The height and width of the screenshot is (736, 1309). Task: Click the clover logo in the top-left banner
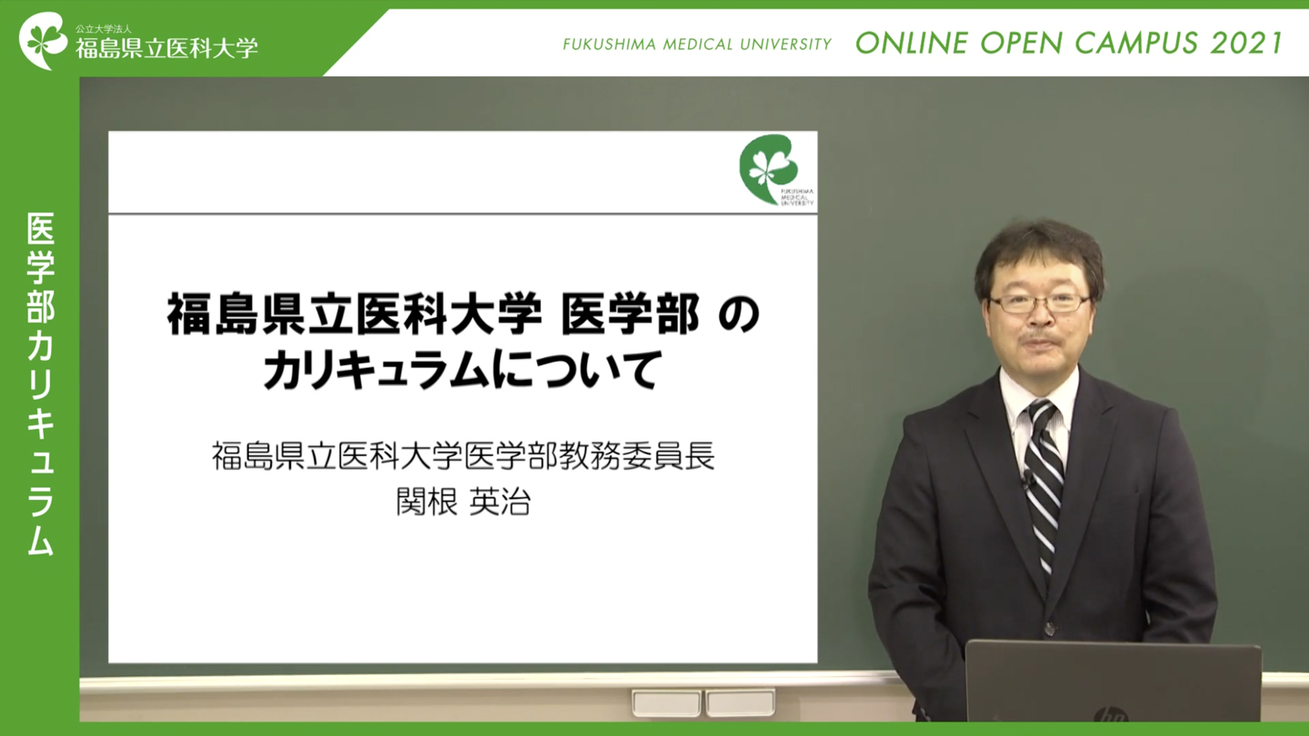pos(44,40)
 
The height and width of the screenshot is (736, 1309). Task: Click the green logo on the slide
pos(769,169)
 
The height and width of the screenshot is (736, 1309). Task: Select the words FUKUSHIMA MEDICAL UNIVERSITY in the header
pos(697,45)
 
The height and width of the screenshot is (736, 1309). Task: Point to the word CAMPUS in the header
pos(1136,44)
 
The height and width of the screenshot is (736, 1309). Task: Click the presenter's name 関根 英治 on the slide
pos(463,502)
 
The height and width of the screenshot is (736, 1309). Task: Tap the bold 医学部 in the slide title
pos(630,314)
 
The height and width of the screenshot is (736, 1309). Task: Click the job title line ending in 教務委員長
pos(463,456)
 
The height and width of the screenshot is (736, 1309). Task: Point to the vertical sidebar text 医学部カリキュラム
pos(40,383)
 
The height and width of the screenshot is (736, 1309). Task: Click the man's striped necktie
pos(1044,485)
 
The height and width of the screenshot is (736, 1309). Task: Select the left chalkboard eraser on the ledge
pos(666,703)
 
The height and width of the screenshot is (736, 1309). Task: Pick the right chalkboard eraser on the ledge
pos(740,703)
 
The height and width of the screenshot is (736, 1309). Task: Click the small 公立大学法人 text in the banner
pos(104,29)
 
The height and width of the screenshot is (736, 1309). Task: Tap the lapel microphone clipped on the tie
pos(1027,482)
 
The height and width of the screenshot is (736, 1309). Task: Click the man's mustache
pos(1039,337)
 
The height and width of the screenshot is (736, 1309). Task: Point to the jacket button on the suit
pos(1050,629)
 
